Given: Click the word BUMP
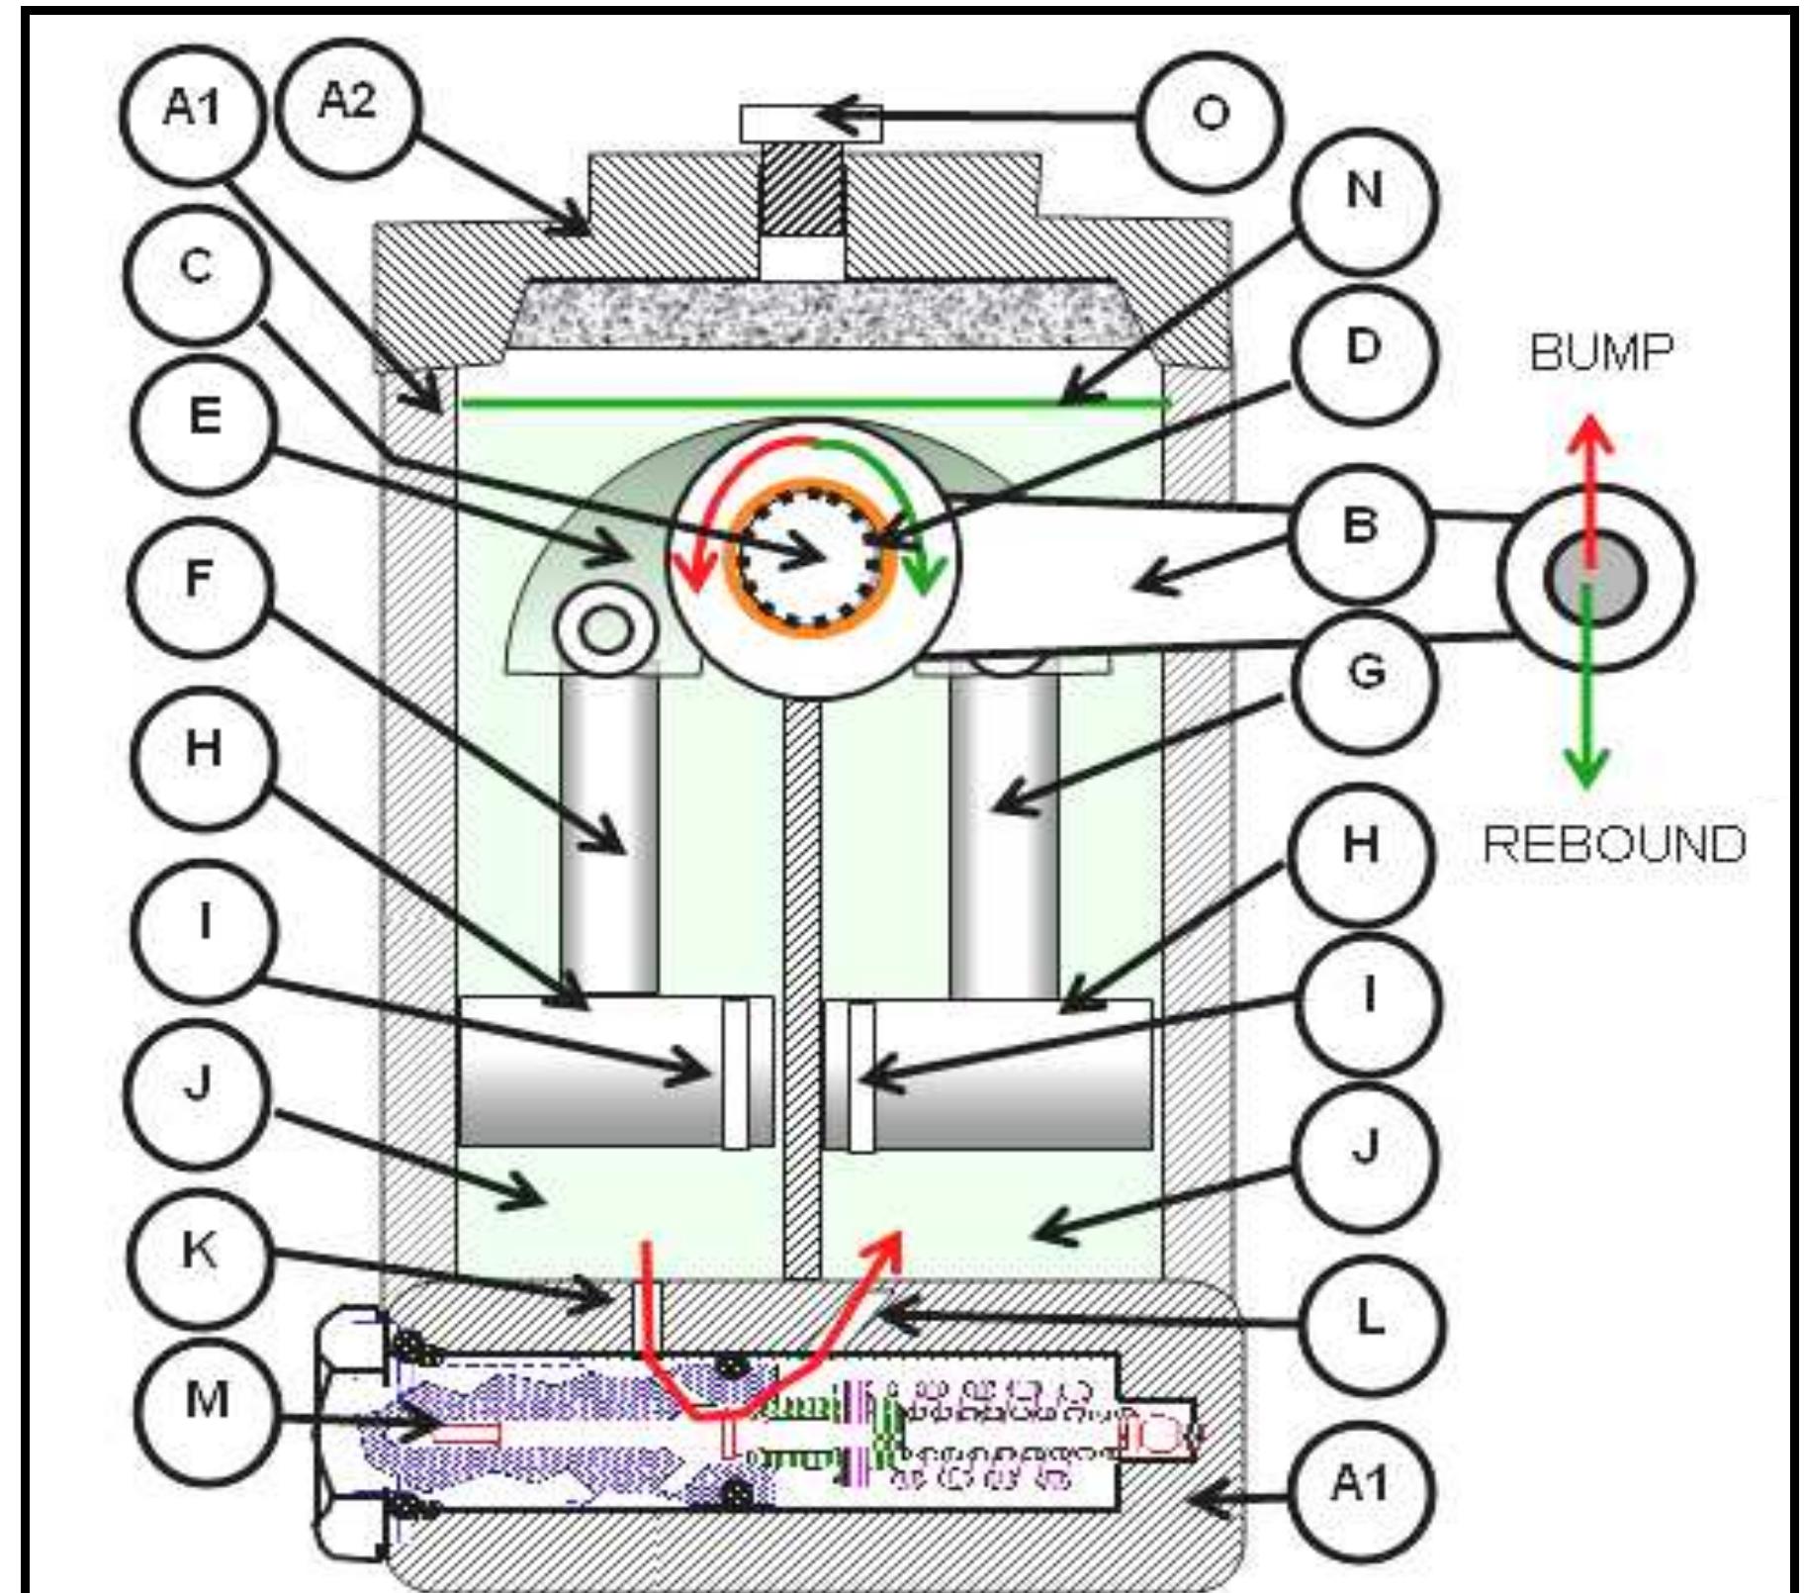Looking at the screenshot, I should [1601, 353].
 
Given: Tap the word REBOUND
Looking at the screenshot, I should [1614, 844].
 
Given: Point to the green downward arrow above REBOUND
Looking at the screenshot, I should [1586, 693].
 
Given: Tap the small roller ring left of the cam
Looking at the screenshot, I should [606, 631].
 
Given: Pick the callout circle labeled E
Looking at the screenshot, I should [204, 419].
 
